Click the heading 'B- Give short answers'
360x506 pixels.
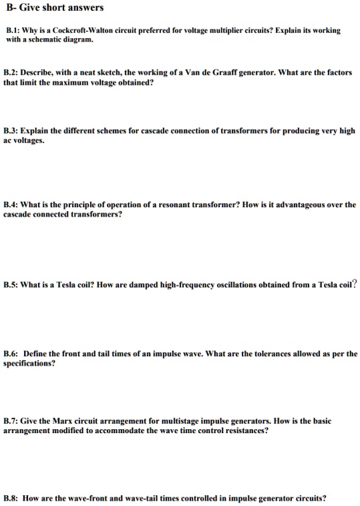[54, 8]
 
